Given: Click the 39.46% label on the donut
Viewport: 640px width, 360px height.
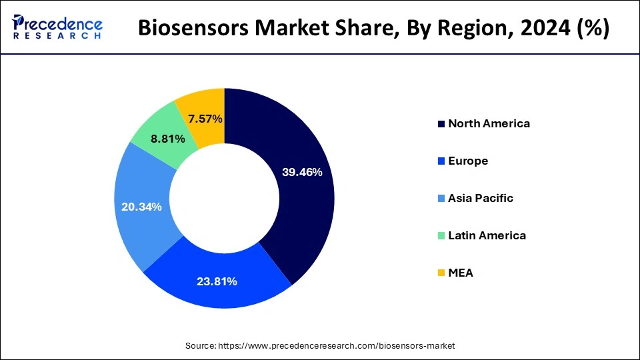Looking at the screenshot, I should point(302,172).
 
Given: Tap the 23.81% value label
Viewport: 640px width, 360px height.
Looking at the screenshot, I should point(217,281).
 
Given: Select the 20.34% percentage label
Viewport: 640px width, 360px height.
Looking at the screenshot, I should point(141,207).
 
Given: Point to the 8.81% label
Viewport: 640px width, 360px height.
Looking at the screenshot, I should point(150,140).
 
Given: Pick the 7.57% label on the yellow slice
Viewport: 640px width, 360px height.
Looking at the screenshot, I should point(205,119).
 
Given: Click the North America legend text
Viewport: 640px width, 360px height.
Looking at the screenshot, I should point(489,123).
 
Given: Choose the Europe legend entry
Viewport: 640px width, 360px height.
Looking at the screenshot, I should point(468,161).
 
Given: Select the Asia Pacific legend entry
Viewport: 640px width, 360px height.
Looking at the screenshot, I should point(480,198).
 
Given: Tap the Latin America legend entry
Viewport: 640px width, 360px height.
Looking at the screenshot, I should point(487,235).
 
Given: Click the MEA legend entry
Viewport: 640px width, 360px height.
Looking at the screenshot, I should point(461,273).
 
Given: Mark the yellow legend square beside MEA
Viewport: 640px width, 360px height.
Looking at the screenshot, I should point(441,273).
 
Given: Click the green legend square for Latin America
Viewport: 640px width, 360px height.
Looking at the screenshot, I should point(441,236).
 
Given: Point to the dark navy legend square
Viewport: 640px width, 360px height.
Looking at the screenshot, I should point(441,124).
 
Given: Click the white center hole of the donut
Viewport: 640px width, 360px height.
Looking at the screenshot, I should point(225,198).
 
